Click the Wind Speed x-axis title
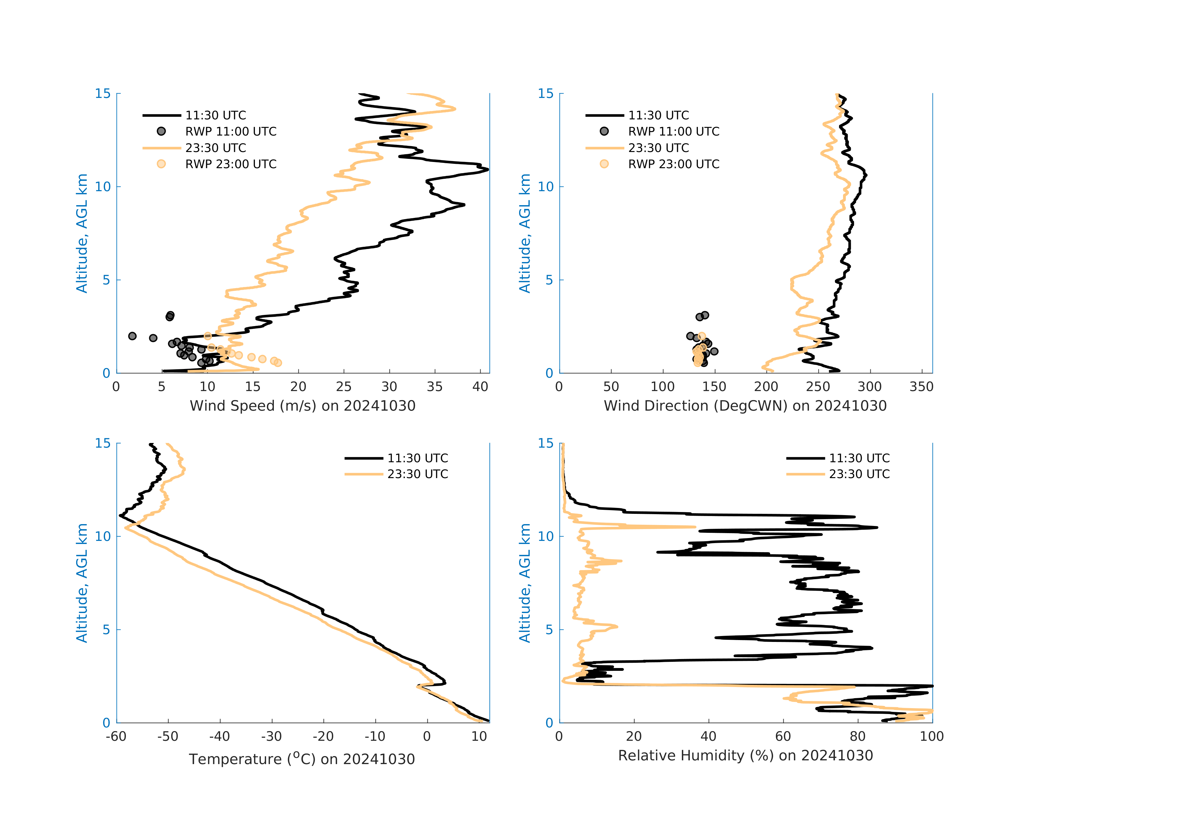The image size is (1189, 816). (302, 406)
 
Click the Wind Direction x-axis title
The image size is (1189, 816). (745, 406)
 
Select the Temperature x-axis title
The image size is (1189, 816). (302, 759)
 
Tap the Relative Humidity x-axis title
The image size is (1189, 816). (745, 756)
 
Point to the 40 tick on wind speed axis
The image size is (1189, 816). (480, 387)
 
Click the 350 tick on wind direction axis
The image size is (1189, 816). (921, 387)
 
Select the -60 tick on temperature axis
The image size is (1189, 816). (116, 737)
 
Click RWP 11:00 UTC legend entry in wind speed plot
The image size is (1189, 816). (230, 131)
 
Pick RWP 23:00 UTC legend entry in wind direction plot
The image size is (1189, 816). (673, 164)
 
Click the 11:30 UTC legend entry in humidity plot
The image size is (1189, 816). (859, 459)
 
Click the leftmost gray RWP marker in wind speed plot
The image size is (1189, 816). (132, 336)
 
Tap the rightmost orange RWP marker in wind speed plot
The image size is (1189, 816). (278, 363)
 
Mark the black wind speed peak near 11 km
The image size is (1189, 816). (488, 169)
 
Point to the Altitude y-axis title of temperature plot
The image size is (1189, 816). (82, 583)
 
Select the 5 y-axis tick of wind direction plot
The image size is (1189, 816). (549, 280)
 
